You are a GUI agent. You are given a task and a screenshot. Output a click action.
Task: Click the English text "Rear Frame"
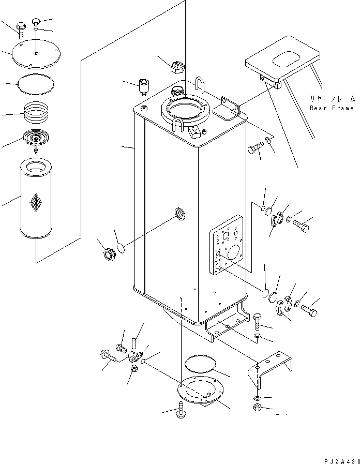(x=332, y=108)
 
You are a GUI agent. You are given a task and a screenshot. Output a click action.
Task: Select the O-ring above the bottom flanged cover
(x=200, y=363)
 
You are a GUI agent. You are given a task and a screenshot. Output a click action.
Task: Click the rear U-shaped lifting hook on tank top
(x=201, y=84)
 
